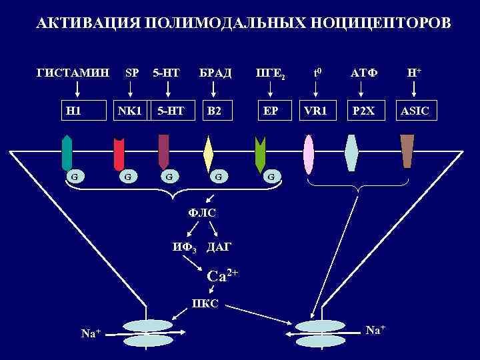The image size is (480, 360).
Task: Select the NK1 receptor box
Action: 129,110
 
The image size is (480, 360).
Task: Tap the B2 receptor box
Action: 213,110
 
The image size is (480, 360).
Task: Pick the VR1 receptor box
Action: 315,110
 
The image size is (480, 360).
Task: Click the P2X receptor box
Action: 365,110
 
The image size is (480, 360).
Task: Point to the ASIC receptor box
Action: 417,110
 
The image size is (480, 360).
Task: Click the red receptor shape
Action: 119,154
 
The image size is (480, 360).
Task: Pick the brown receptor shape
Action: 407,151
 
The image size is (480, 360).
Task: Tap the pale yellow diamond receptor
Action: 208,154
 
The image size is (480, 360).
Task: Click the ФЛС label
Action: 203,213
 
